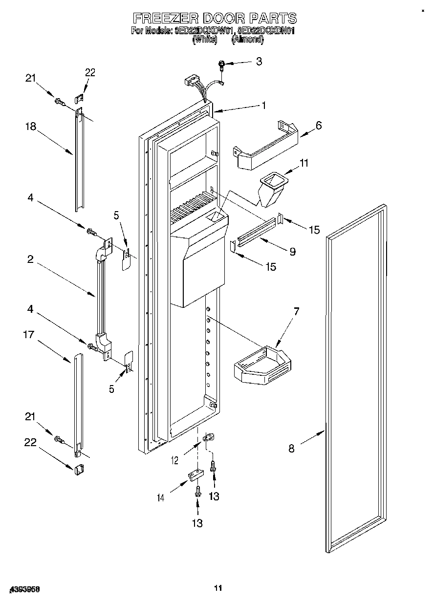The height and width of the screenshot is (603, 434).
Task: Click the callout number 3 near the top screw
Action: [259, 62]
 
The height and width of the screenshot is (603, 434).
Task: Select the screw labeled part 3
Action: [221, 65]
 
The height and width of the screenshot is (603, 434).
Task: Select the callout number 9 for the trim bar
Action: [292, 252]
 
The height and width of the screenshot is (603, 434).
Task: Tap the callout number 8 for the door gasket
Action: [291, 449]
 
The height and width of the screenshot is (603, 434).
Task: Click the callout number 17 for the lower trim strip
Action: [30, 334]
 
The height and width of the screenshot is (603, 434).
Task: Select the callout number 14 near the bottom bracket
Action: [161, 497]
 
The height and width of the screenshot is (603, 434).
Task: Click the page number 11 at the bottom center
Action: [217, 588]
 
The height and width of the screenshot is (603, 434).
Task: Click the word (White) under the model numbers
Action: [205, 40]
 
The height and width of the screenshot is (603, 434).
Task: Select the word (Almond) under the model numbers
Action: [247, 40]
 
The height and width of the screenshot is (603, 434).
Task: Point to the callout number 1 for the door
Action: [263, 105]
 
